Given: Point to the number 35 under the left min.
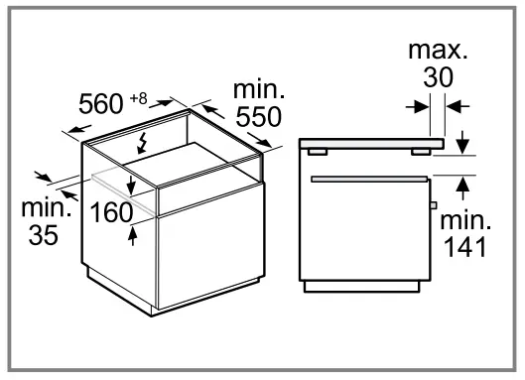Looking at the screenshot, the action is (42, 235).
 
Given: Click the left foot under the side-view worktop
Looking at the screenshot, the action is (317, 152).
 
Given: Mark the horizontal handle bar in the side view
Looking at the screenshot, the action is (368, 179).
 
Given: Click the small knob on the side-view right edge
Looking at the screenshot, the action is (434, 204).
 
